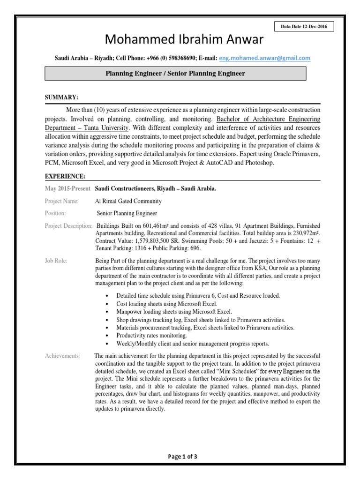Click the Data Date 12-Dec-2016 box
pos(304,27)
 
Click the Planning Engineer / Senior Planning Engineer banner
pos(175,74)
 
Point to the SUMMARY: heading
pos(61,97)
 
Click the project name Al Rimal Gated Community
pos(128,201)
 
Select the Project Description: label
pos(68,225)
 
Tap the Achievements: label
pos(62,356)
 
